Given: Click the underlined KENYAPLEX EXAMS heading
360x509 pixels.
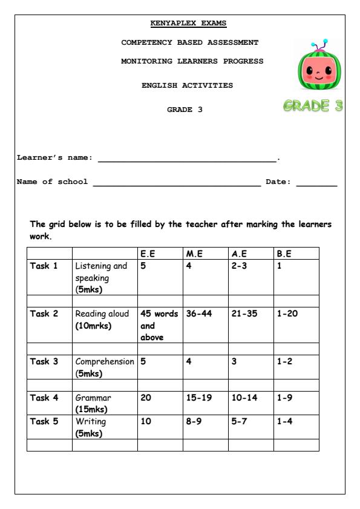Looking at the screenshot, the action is tap(188, 24).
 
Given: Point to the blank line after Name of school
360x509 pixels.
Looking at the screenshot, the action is tap(176, 184).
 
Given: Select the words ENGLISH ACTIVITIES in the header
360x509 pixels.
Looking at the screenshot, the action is tap(187, 85).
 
